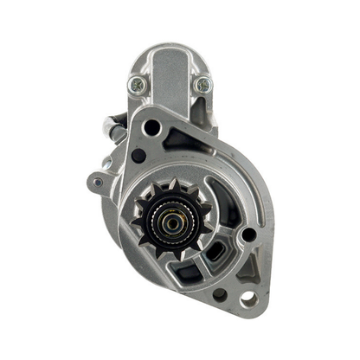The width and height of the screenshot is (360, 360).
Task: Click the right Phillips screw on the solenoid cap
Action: coord(203,84)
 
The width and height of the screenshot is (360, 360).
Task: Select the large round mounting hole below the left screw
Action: coord(152,127)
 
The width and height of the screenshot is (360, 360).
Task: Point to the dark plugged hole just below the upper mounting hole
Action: coord(138,156)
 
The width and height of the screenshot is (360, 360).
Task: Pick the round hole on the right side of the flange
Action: coord(248,234)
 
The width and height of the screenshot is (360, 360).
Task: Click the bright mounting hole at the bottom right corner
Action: coord(248,299)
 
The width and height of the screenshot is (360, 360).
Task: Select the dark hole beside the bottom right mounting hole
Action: coord(220,294)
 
